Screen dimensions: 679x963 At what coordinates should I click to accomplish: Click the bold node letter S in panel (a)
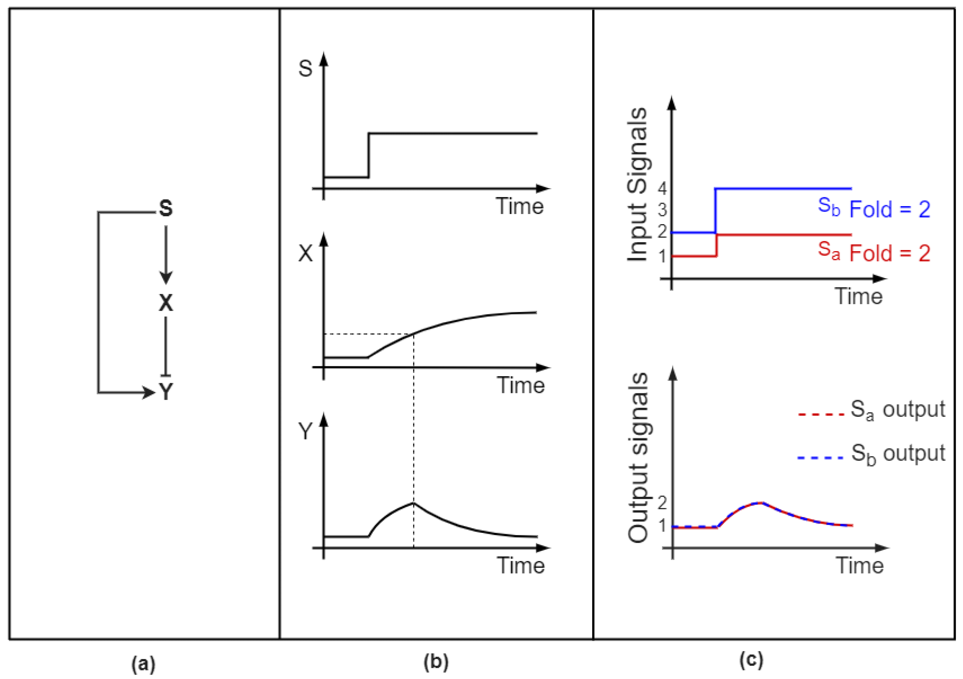point(166,208)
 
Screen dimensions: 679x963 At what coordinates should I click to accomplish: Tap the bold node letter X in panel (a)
point(166,302)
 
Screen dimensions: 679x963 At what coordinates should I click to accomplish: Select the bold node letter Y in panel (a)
point(166,392)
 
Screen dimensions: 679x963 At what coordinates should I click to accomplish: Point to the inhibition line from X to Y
point(166,346)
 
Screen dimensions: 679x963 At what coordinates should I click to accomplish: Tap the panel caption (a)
point(143,664)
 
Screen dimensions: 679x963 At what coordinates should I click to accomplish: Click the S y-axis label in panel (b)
point(305,68)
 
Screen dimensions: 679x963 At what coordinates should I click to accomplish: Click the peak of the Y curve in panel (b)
point(414,503)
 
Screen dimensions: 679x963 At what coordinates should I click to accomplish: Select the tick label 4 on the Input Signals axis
point(662,189)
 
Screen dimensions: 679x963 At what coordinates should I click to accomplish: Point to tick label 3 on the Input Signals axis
point(662,210)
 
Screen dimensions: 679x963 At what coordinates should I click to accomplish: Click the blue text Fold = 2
point(890,209)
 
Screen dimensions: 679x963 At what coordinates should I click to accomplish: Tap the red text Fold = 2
point(890,253)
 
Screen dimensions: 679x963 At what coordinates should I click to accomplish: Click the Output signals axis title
point(637,457)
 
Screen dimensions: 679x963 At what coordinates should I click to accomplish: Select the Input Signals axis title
point(637,184)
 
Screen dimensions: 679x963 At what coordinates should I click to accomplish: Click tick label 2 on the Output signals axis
point(662,503)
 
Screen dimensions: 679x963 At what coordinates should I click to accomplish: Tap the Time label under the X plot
point(520,385)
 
